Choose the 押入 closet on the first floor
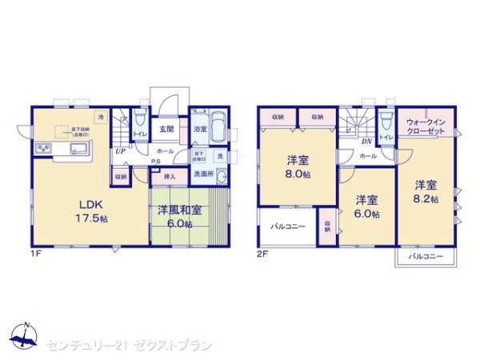click(x=169, y=177)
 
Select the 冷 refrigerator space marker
click(x=101, y=117)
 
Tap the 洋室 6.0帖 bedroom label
click(x=367, y=206)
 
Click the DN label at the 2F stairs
click(x=366, y=142)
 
